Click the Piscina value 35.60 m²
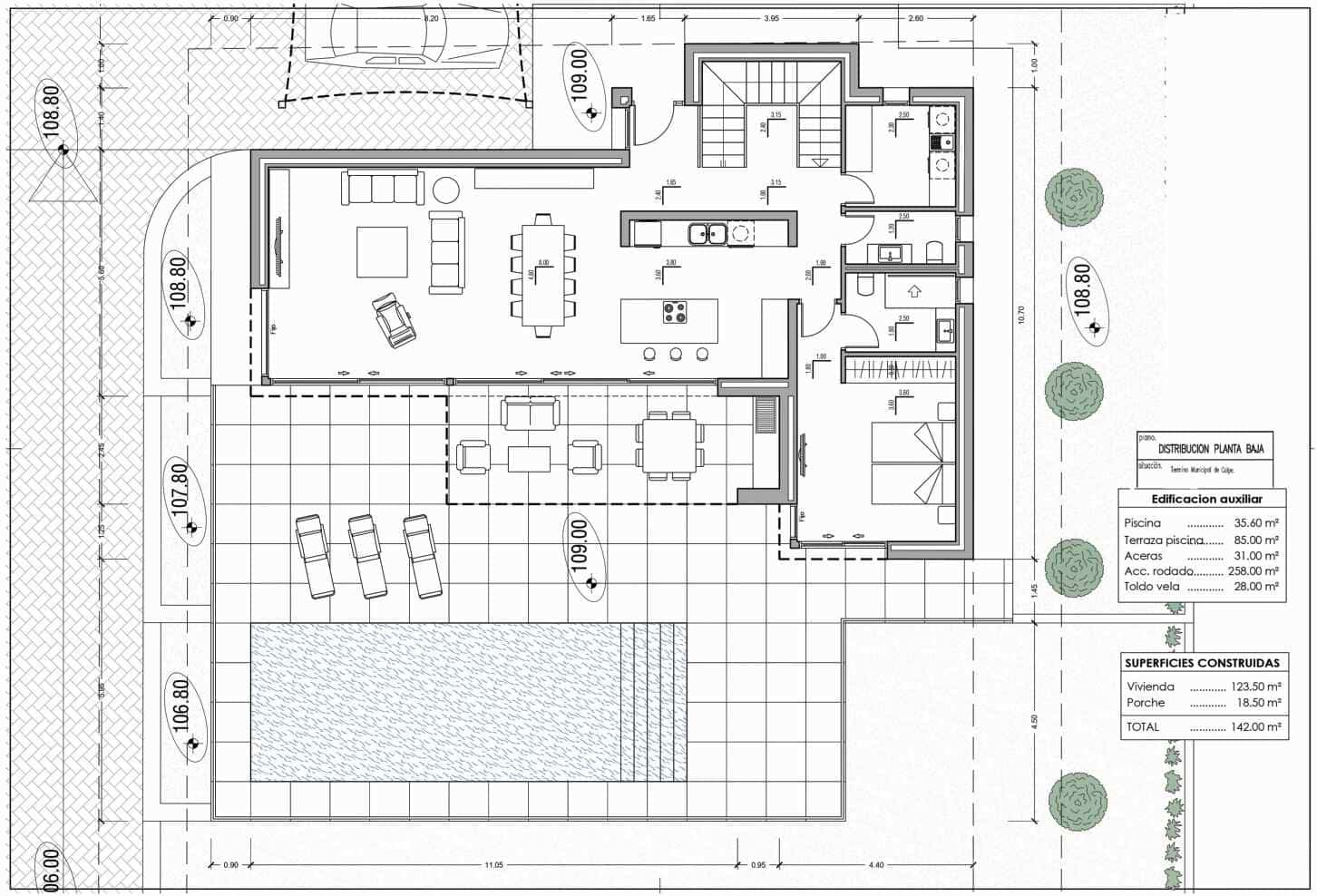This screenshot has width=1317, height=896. pos(1255,523)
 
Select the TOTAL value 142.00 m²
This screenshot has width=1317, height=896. pos(1256,727)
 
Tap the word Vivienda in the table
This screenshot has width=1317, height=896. pos(1150,687)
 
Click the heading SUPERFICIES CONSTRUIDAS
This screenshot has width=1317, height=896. pos(1202,664)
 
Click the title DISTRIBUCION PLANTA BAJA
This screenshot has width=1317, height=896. pos(1211,449)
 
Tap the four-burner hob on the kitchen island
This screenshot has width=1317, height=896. pos(674,313)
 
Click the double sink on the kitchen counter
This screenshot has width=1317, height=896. pos(707,234)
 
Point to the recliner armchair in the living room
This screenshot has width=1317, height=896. pos(395,319)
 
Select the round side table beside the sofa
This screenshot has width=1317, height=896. pos(444,190)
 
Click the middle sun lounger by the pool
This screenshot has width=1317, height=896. pos(368,557)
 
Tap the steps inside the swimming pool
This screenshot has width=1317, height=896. pos(653,702)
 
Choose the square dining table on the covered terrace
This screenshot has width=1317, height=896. pos(669,444)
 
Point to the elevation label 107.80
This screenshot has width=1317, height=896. pos(180,491)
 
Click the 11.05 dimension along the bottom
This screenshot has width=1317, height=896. pos(493,865)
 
